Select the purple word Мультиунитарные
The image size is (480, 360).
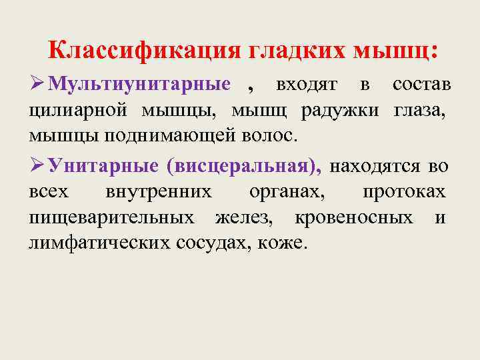coord(140,85)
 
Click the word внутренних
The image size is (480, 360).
coord(159,192)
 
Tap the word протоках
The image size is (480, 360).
coord(404,192)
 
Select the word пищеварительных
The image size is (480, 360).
coord(112,217)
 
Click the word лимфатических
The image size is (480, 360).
coord(99,242)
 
